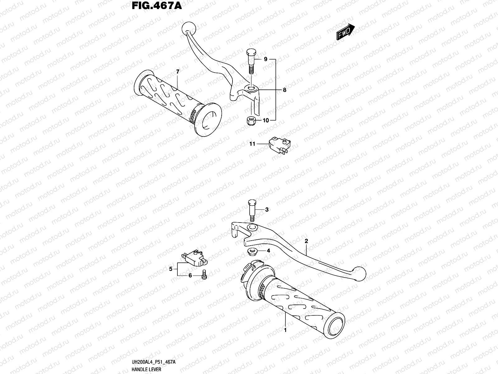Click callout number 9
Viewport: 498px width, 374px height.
click(x=265, y=59)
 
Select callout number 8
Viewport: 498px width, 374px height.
click(x=284, y=90)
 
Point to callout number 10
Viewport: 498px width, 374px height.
click(x=265, y=120)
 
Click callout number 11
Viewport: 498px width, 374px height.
click(x=252, y=144)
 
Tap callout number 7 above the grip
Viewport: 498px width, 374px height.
click(x=178, y=72)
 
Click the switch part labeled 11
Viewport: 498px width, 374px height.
click(x=278, y=145)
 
